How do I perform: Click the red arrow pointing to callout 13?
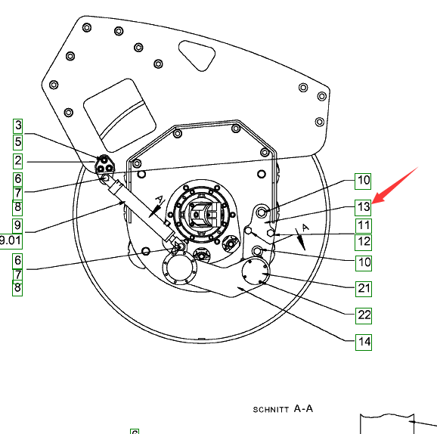395,185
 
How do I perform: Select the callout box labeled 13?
363,208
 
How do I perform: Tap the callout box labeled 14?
364,342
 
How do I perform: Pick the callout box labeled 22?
364,315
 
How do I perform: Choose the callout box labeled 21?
364,289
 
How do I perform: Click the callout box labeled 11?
363,226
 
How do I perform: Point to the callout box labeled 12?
363,242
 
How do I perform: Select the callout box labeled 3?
18,126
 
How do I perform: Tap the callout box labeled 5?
18,142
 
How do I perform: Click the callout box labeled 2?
18,161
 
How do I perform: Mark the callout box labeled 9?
17,226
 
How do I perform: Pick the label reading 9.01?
11,241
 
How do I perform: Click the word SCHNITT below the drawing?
271,410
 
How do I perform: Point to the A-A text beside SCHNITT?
303,409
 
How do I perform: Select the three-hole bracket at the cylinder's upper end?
104,165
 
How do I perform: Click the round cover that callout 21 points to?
256,271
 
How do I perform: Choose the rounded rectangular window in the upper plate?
119,116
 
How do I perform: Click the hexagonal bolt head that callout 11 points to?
271,233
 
